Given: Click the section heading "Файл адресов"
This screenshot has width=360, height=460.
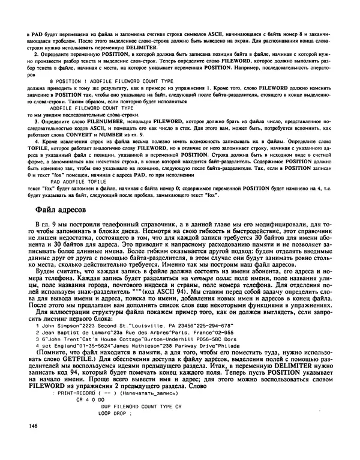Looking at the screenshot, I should (61, 210).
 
